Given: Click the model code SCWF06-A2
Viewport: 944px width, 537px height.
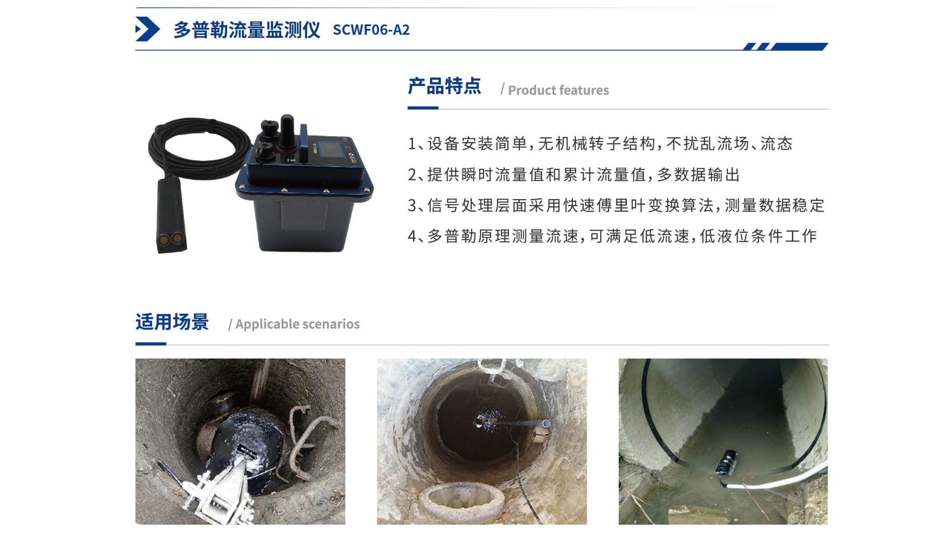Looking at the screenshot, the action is tap(371, 30).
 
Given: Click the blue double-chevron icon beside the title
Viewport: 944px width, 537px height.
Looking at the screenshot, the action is tap(147, 29).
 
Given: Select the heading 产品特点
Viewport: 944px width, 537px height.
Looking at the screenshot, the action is tap(444, 86).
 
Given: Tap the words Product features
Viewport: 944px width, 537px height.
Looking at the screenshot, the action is tap(558, 90).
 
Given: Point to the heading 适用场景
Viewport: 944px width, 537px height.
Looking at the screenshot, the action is tap(172, 322).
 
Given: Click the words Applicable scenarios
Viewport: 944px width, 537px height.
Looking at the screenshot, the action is tap(297, 324).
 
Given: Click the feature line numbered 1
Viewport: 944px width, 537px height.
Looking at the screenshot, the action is tap(600, 143).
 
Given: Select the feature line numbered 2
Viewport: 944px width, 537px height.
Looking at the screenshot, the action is tap(574, 175).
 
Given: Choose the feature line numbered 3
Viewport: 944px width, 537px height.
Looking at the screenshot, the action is tap(616, 205).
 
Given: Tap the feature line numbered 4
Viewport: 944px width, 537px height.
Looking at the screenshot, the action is tap(613, 236).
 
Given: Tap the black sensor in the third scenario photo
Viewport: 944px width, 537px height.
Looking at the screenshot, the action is tap(726, 463).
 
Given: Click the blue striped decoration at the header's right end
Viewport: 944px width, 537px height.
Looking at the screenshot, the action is tap(785, 46).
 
